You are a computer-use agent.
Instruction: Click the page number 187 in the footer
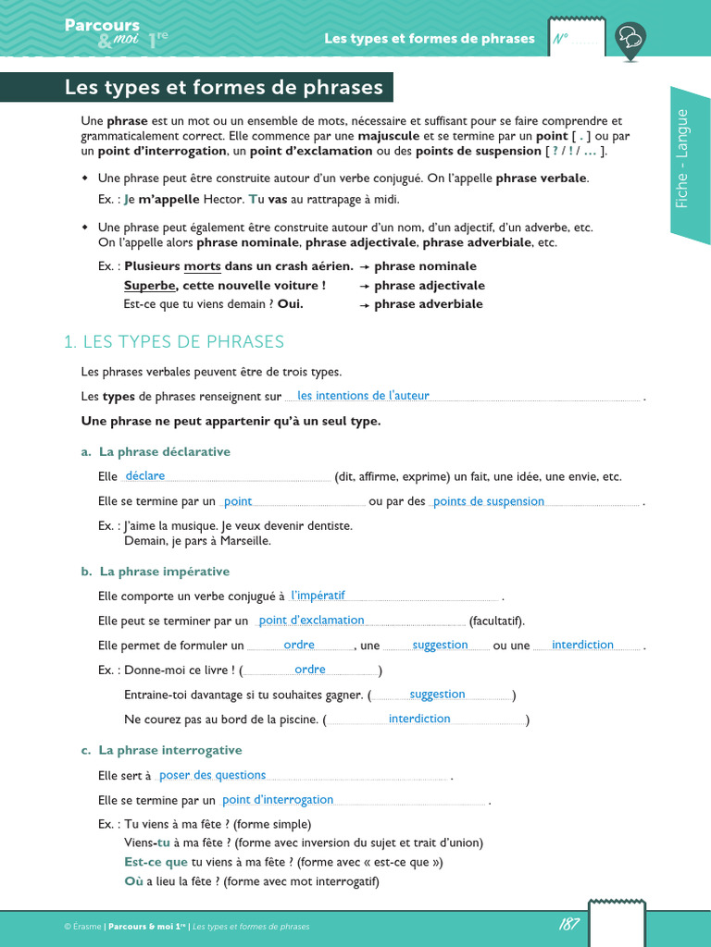coord(569,924)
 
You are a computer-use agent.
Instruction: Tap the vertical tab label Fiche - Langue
coord(682,158)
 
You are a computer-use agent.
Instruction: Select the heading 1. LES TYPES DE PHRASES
coord(174,342)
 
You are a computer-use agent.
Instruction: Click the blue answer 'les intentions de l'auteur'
coord(363,396)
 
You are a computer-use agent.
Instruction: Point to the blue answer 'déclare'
coord(144,476)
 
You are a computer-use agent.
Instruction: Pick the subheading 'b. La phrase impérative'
coord(155,572)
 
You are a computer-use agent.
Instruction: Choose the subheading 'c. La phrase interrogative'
coord(161,750)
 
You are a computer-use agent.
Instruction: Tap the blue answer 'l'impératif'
coord(318,596)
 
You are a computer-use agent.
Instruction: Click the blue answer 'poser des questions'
coord(212,775)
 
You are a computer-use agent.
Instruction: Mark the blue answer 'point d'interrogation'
coord(278,800)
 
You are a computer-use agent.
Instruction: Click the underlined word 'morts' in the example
coord(202,266)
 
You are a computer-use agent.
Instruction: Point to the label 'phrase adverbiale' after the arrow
coord(429,304)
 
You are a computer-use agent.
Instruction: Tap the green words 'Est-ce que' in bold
coord(156,862)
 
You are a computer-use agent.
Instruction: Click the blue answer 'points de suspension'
coord(489,501)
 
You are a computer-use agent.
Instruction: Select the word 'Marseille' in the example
coord(239,541)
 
